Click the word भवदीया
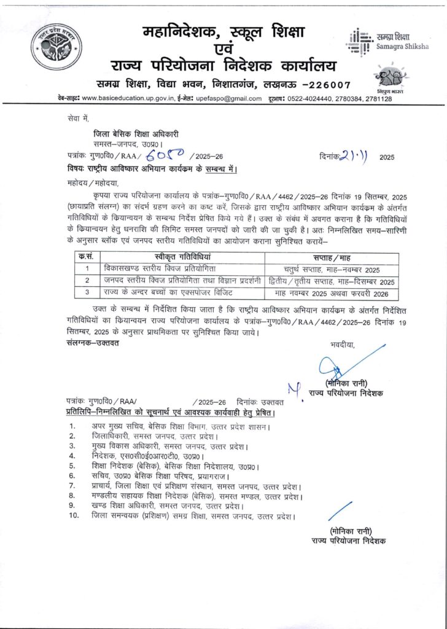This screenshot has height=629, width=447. click(342, 344)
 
